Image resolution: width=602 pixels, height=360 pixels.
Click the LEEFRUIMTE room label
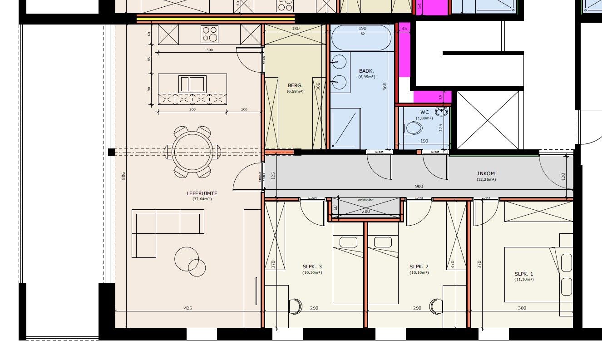(202, 194)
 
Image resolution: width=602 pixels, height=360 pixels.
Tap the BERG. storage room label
(295, 85)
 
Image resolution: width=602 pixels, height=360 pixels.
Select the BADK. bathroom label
(366, 71)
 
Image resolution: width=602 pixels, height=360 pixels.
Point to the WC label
(424, 112)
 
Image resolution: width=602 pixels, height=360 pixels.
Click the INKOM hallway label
(486, 173)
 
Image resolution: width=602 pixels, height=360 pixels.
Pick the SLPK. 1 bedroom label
(524, 274)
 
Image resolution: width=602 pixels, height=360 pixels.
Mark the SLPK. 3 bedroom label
(312, 266)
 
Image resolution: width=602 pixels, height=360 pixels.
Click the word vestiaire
(365, 200)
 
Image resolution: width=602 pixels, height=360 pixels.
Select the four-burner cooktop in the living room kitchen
(209, 35)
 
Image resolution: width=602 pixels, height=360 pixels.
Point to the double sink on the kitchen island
(192, 84)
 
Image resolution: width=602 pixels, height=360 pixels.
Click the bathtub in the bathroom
(361, 38)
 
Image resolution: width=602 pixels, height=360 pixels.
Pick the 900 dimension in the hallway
(419, 187)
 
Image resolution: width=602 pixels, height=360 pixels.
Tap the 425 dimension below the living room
(188, 308)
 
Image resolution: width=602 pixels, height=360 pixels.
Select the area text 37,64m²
(202, 199)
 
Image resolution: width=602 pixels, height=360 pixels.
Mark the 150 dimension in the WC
(424, 141)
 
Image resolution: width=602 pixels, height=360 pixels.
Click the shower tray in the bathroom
(345, 128)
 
